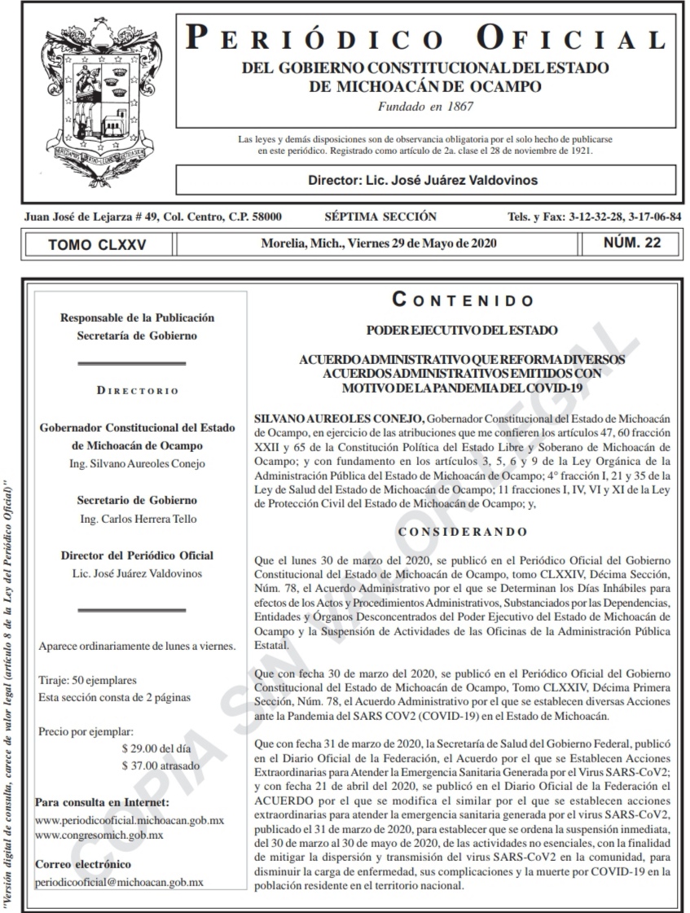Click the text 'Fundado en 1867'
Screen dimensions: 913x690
pyautogui.click(x=425, y=106)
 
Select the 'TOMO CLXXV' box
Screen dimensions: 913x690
pyautogui.click(x=97, y=244)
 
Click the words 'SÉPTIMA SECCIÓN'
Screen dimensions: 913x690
pyautogui.click(x=380, y=217)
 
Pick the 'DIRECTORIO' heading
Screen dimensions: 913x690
pyautogui.click(x=137, y=391)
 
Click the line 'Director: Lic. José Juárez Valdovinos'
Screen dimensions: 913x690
pyautogui.click(x=423, y=180)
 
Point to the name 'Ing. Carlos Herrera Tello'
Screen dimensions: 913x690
pyautogui.click(x=137, y=519)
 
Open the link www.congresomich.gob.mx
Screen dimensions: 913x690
pyautogui.click(x=100, y=835)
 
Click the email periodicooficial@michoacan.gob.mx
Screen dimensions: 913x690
pyautogui.click(x=120, y=882)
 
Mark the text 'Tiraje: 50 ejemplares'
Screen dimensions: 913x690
pyautogui.click(x=88, y=680)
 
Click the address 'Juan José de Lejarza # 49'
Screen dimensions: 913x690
pyautogui.click(x=89, y=217)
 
